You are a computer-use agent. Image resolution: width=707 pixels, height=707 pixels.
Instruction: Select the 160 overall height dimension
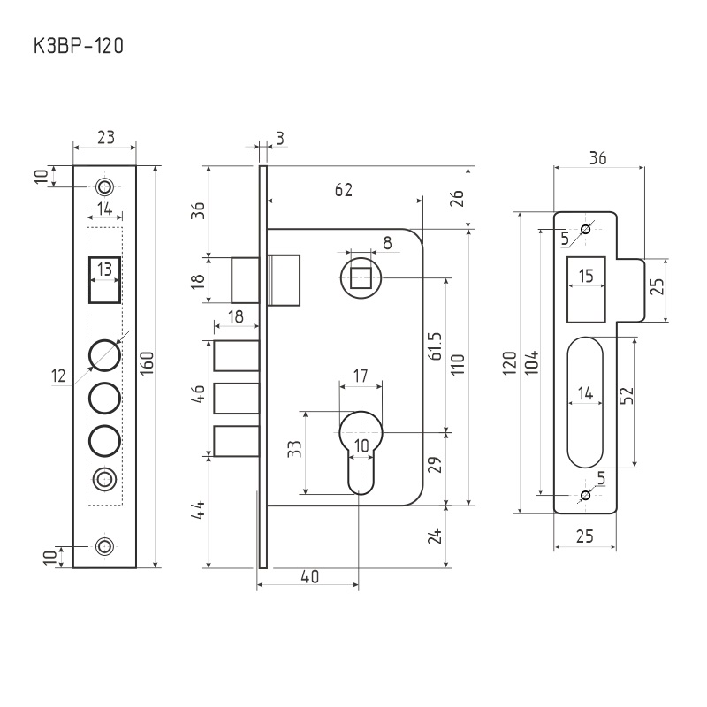pos(147,365)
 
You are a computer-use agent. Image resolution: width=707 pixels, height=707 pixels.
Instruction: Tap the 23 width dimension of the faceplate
pos(105,137)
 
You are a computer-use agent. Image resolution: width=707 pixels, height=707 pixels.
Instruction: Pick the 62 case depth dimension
pos(344,189)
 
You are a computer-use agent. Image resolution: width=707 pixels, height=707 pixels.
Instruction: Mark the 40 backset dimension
pos(309,576)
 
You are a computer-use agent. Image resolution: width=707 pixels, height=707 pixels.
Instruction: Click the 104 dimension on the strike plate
pos(531,362)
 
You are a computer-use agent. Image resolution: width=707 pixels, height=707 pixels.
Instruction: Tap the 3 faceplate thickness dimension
pos(279,137)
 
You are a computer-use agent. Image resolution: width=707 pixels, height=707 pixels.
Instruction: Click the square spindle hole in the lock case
pos(361,278)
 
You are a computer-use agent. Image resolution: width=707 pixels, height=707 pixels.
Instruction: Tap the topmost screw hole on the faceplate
pos(105,186)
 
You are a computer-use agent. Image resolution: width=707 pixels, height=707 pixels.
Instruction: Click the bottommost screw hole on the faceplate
pos(105,545)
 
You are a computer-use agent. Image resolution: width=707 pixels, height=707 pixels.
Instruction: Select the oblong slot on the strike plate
pos(585,402)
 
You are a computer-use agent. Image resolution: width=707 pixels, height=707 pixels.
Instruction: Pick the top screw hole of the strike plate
pos(585,230)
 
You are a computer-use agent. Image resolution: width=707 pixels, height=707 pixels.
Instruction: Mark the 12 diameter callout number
pos(59,376)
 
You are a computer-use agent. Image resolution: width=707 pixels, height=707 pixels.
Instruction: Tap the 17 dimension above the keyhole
pos(361,375)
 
